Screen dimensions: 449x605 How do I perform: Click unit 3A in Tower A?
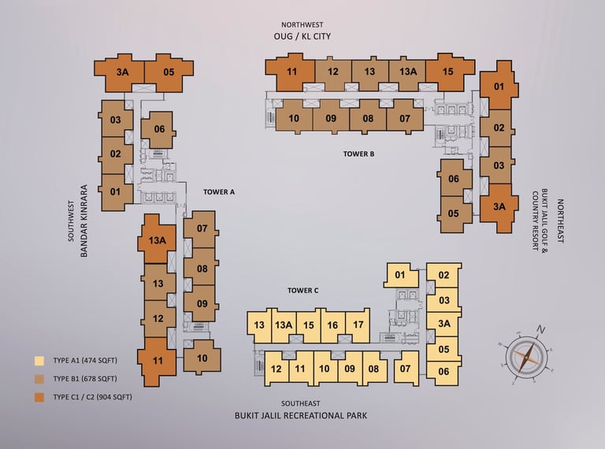[x=122, y=72]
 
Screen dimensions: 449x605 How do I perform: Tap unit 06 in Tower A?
[x=159, y=129]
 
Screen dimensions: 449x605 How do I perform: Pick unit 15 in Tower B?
[x=447, y=72]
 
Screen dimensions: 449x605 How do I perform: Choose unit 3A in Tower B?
[x=499, y=207]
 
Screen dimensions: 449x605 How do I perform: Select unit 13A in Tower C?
[x=284, y=325]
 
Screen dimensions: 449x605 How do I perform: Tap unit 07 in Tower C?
[x=406, y=368]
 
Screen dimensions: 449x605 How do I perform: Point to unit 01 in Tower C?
[x=399, y=275]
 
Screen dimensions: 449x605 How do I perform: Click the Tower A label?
[x=219, y=191]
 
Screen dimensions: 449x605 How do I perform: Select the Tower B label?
[x=358, y=154]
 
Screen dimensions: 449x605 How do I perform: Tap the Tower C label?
[x=302, y=291]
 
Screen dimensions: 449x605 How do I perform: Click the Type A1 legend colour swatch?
[x=39, y=361]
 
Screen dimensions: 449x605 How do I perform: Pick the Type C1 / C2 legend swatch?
[x=39, y=396]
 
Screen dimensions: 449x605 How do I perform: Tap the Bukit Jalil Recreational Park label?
[x=301, y=415]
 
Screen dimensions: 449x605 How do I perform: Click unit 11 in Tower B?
[x=292, y=72]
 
